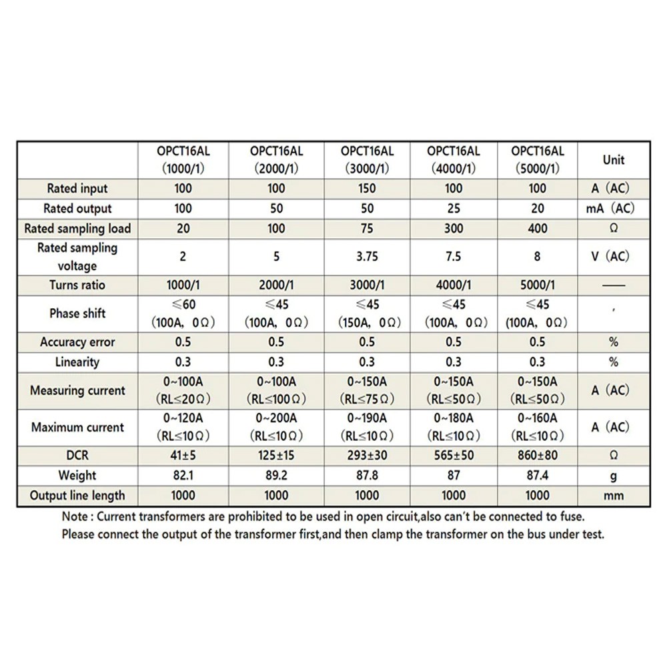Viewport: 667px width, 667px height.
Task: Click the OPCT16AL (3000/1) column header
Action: [367, 160]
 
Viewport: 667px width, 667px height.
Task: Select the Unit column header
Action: [614, 160]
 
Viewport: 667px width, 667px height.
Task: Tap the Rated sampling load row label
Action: [77, 229]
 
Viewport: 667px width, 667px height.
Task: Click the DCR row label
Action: [77, 456]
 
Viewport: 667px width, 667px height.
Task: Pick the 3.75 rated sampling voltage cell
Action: [367, 256]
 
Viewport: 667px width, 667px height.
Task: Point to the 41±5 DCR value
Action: [183, 456]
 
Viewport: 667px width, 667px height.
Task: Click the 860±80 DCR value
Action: [538, 456]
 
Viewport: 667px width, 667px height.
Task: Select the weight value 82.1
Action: [183, 476]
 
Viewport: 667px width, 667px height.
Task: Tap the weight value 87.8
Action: [367, 476]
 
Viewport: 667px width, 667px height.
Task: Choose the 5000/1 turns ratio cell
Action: [538, 285]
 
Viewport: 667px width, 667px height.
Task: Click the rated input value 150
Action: [367, 189]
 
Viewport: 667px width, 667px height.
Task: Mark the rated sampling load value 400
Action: [538, 229]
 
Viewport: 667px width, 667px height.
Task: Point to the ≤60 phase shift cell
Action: [183, 313]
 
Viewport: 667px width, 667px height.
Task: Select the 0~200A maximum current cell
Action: [276, 427]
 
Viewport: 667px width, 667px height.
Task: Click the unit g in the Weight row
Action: [614, 476]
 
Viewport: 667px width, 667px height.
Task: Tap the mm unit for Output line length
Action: [614, 496]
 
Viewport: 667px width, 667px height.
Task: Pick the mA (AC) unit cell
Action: [610, 209]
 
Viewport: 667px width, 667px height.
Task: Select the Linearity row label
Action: [77, 362]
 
